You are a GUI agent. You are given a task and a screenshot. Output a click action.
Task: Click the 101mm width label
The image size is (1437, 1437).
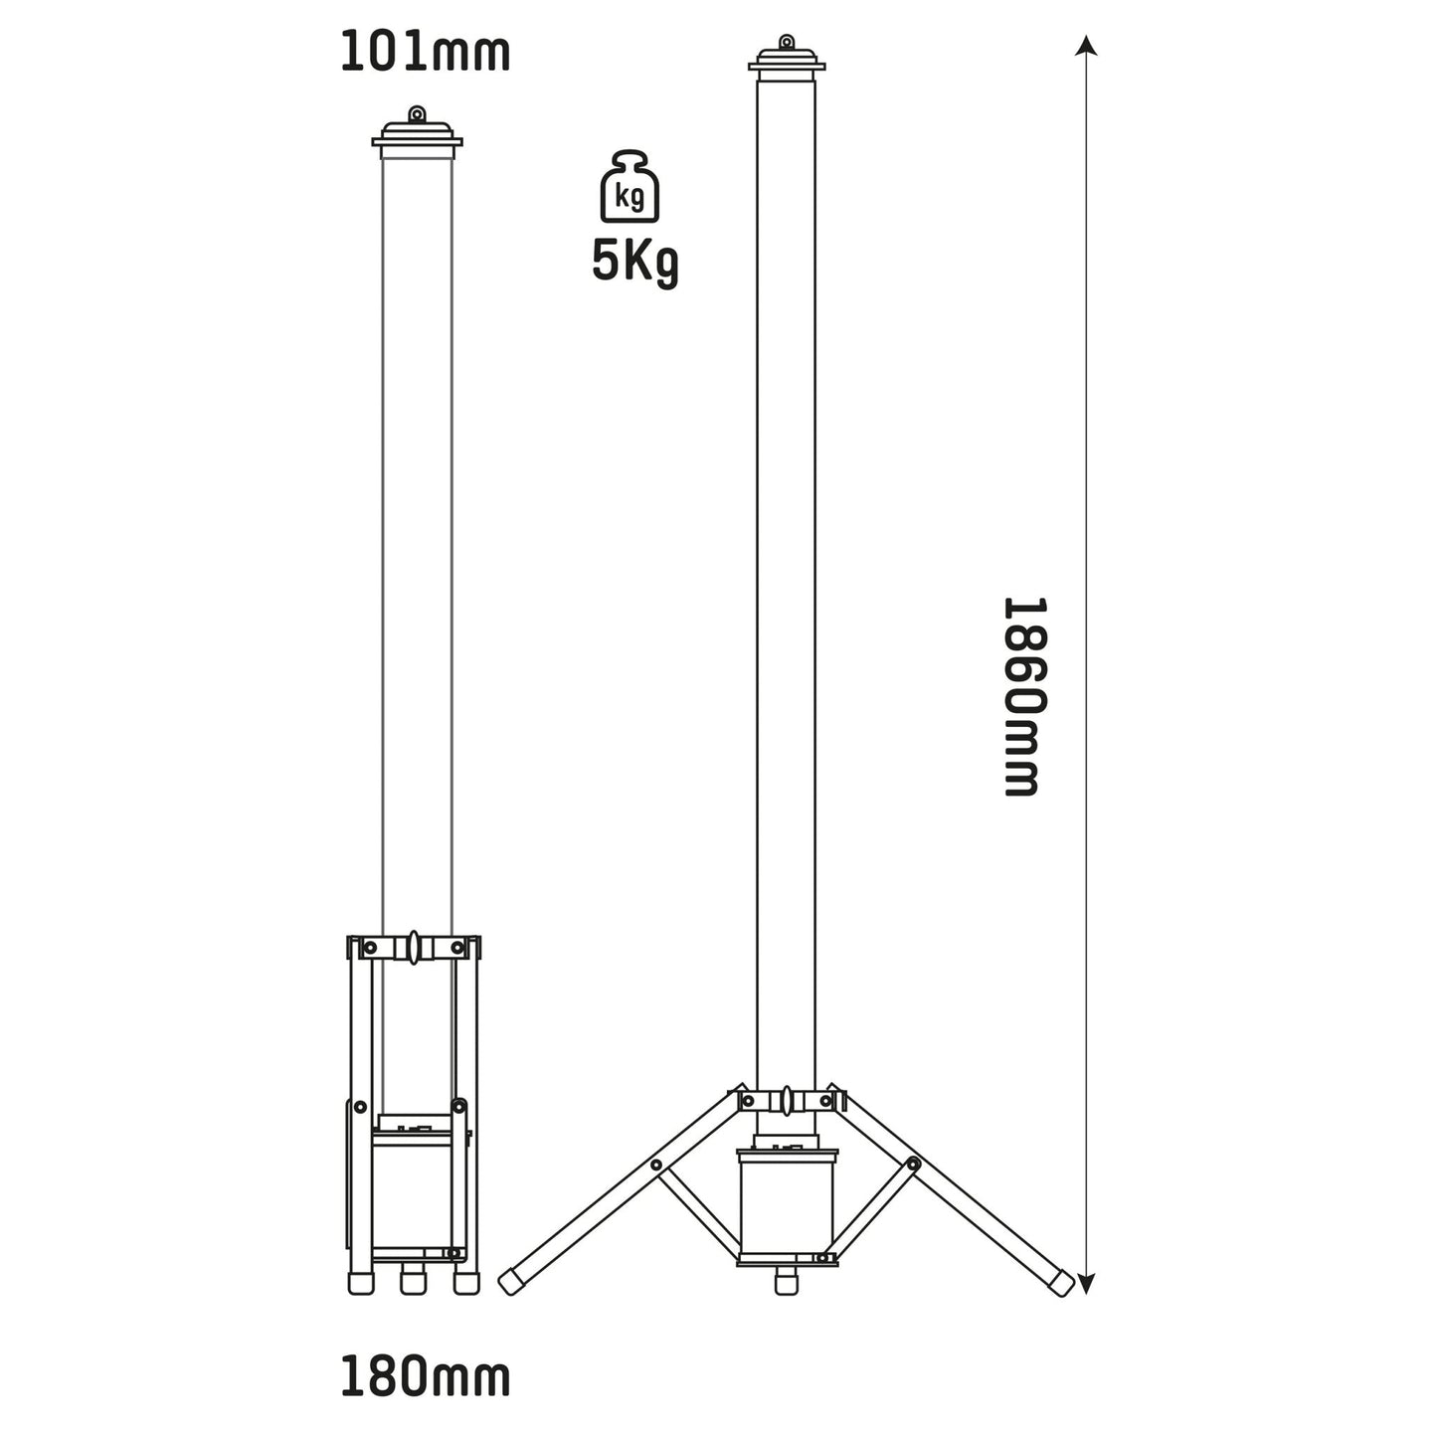(x=425, y=53)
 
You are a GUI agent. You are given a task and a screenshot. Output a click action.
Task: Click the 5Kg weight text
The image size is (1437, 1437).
(x=634, y=262)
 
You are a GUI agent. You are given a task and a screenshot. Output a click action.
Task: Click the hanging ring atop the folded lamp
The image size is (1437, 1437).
(x=417, y=114)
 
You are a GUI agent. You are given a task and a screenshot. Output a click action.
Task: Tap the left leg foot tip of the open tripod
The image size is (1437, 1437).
(x=510, y=1281)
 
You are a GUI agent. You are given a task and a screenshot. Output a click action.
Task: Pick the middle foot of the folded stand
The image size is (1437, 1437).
(x=413, y=1282)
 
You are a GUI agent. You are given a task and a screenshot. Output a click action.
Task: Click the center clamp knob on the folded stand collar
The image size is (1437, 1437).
(x=413, y=947)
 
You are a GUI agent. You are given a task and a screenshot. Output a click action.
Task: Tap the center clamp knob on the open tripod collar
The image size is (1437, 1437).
(x=787, y=1101)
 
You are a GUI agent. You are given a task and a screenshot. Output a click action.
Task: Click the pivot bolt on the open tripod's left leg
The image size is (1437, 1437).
(x=657, y=1164)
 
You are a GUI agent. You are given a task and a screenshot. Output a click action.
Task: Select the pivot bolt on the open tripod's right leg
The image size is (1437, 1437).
(x=913, y=1164)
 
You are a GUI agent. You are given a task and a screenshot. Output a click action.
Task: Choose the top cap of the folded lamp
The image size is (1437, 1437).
(x=417, y=139)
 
